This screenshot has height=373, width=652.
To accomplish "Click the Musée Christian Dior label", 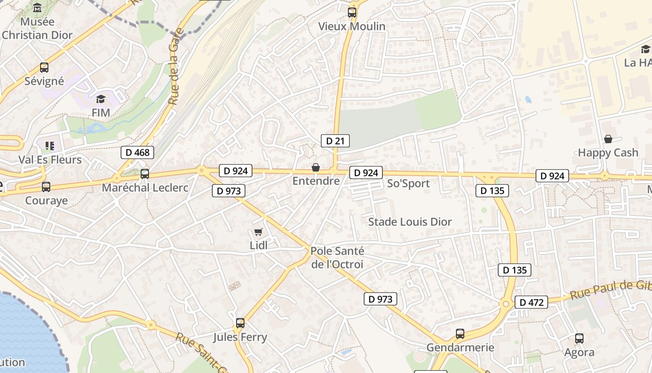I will pyautogui.click(x=37, y=28).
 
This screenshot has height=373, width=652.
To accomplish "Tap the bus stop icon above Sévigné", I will pyautogui.click(x=44, y=68).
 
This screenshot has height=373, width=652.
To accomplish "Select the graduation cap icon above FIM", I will pyautogui.click(x=101, y=99).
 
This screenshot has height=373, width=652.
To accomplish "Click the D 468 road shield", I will pyautogui.click(x=137, y=152).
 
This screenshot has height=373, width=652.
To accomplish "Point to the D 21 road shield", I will pyautogui.click(x=335, y=141).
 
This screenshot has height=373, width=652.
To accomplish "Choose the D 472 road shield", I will pyautogui.click(x=531, y=302).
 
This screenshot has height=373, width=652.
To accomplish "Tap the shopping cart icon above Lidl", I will pyautogui.click(x=258, y=232).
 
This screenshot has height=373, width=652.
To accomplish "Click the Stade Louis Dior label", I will pyautogui.click(x=410, y=222).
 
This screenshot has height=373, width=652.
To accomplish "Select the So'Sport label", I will pyautogui.click(x=408, y=184).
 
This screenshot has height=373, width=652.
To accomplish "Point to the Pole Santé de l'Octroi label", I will pyautogui.click(x=337, y=257).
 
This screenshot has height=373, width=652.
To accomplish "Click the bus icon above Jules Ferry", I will pyautogui.click(x=240, y=323).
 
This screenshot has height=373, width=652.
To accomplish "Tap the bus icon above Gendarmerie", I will pyautogui.click(x=460, y=333).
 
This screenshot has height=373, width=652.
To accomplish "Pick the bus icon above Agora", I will pyautogui.click(x=579, y=338).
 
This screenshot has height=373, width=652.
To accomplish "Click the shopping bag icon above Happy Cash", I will pyautogui.click(x=608, y=139).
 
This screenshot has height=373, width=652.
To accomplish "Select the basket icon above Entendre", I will pyautogui.click(x=316, y=167).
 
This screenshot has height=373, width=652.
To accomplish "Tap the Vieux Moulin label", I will pyautogui.click(x=352, y=27).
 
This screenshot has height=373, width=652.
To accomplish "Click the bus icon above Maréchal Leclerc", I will pyautogui.click(x=145, y=174).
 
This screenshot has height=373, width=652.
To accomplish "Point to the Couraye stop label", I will pyautogui.click(x=46, y=201).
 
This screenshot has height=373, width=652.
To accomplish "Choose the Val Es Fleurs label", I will pyautogui.click(x=50, y=160).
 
